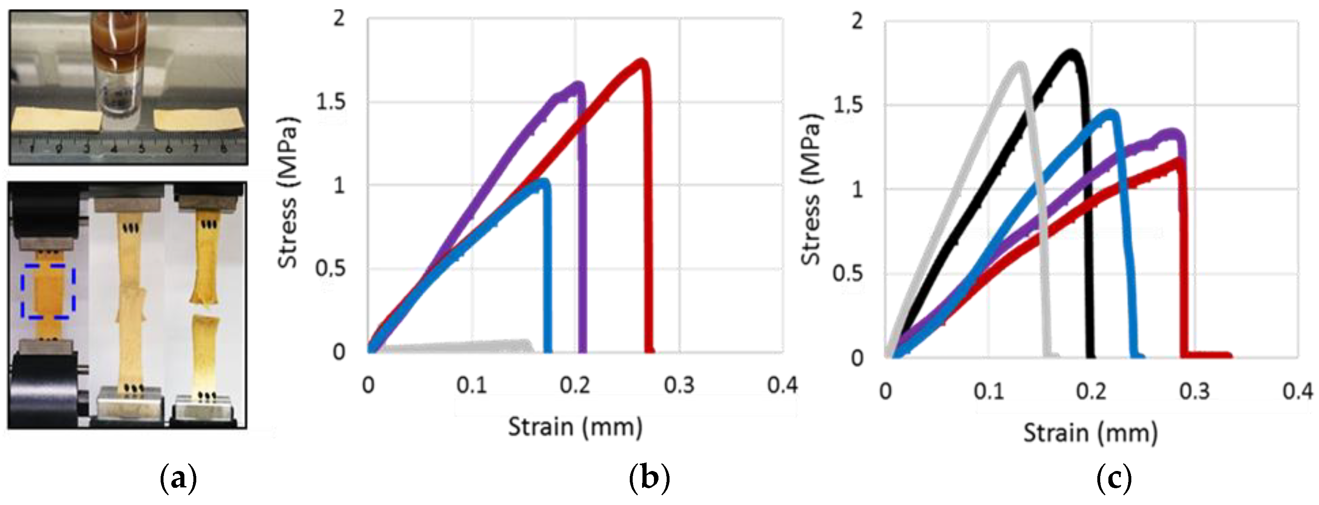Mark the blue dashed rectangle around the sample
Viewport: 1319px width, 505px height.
tap(48, 291)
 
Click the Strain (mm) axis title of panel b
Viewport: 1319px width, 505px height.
tap(575, 427)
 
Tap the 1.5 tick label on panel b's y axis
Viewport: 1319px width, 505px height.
tap(331, 102)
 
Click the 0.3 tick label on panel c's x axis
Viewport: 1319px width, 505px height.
tap(1194, 392)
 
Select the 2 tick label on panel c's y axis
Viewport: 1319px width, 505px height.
tap(857, 21)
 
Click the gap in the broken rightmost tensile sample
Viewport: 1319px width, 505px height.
tap(205, 310)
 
